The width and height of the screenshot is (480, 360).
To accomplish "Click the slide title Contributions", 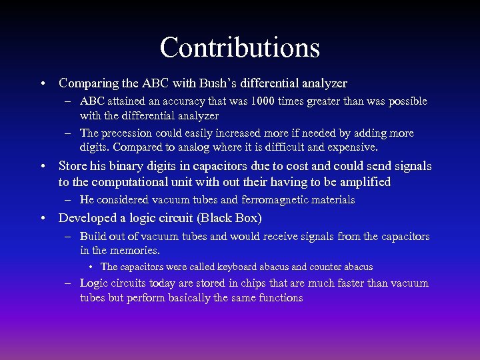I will point(240,47).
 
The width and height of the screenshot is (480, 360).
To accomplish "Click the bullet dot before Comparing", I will point(42,85).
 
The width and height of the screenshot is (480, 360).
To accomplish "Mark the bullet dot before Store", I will point(42,167).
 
